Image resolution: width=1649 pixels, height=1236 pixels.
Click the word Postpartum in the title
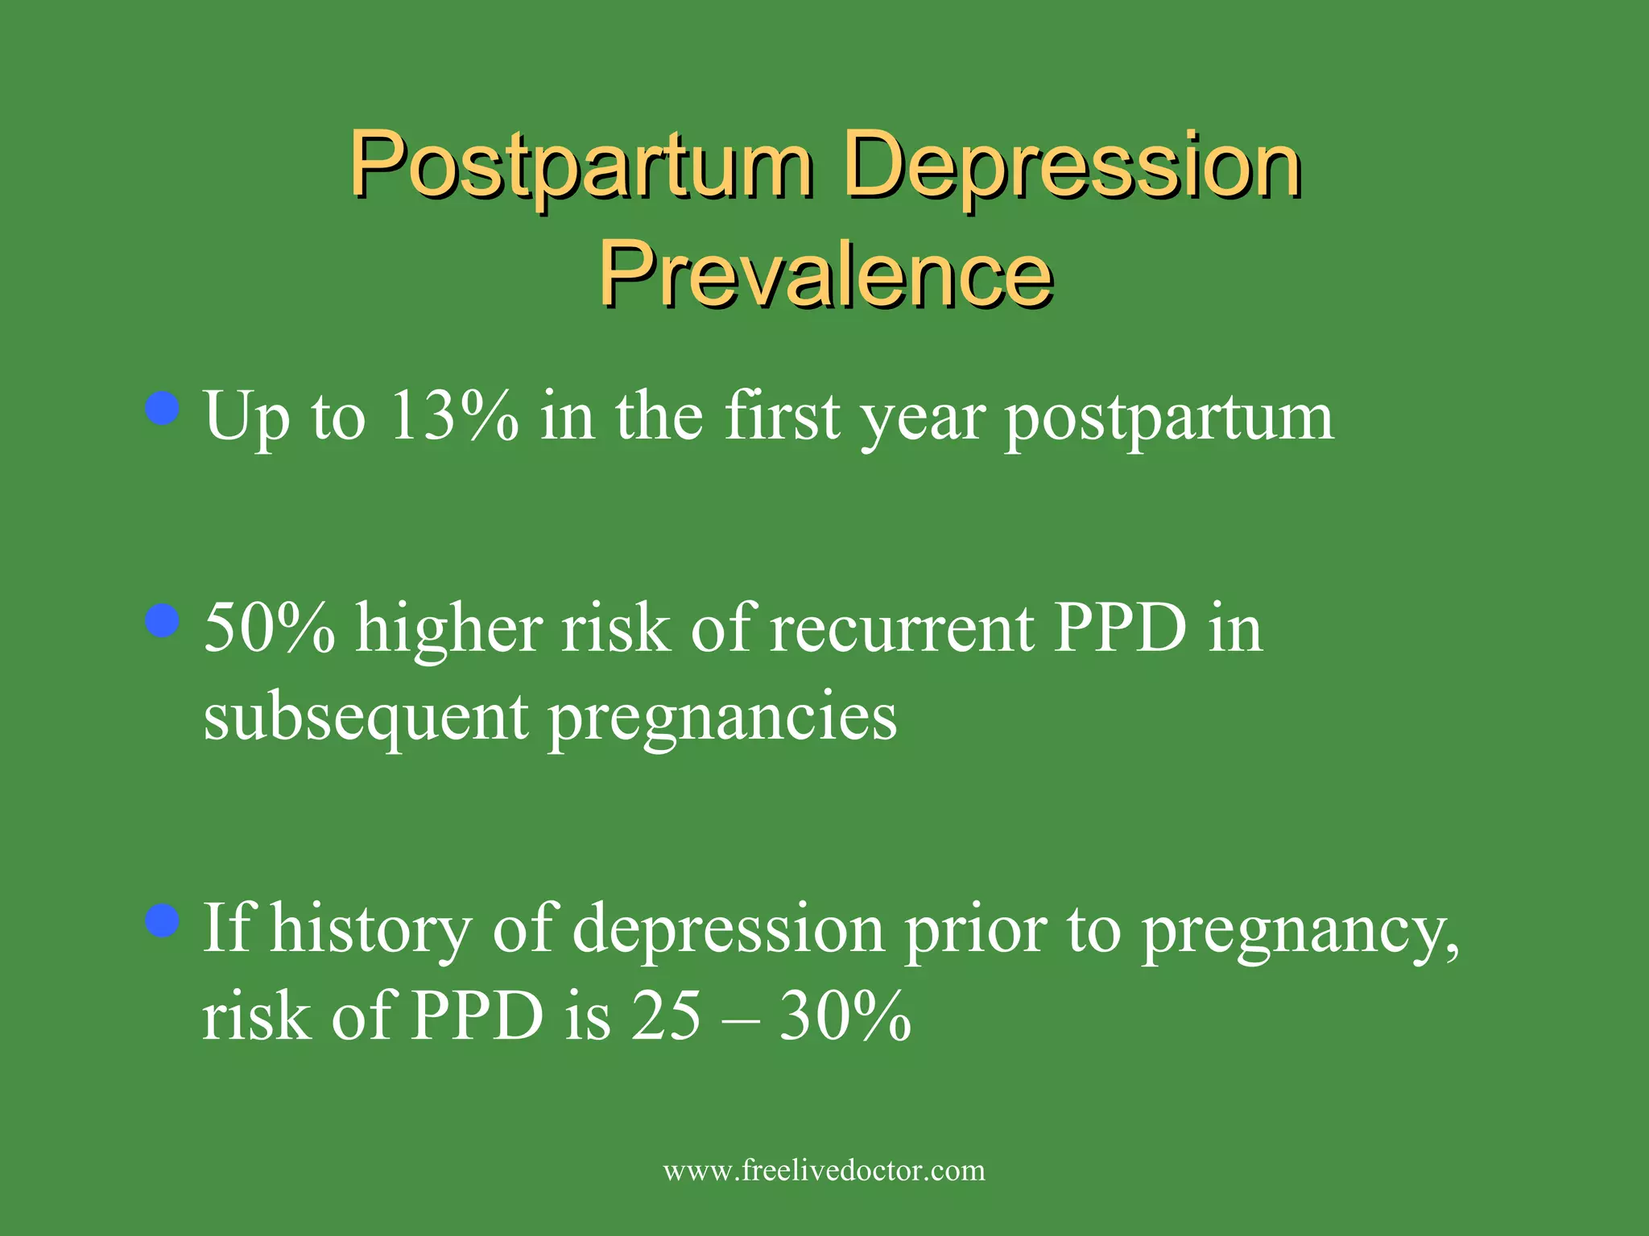pyautogui.click(x=580, y=165)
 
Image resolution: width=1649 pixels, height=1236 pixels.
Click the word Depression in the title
pyautogui.click(x=1071, y=165)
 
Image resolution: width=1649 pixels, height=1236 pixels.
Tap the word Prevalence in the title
pyautogui.click(x=825, y=274)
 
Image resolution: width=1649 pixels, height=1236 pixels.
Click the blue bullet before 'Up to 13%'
pyautogui.click(x=163, y=409)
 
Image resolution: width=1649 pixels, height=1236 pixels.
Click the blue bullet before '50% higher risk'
pyautogui.click(x=163, y=620)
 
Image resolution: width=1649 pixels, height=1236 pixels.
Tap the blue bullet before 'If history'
pyautogui.click(x=163, y=921)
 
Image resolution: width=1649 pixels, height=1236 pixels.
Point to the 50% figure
pyautogui.click(x=269, y=628)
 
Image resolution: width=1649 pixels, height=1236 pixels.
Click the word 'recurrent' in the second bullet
pyautogui.click(x=902, y=628)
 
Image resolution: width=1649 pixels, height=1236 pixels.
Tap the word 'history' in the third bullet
pyautogui.click(x=370, y=929)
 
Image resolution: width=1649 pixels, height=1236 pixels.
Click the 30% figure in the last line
pyautogui.click(x=845, y=1016)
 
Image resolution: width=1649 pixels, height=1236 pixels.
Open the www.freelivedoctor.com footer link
pyautogui.click(x=824, y=1170)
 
